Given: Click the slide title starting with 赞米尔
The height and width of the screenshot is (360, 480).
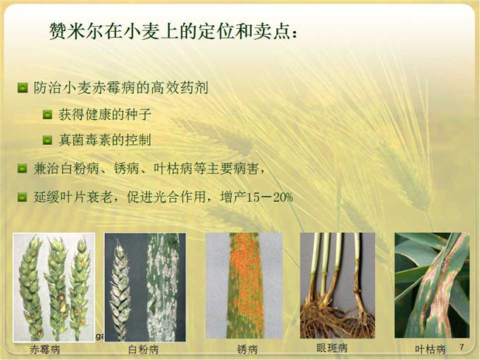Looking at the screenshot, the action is (x=174, y=31).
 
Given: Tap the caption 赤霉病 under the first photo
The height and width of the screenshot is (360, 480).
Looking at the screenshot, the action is (x=45, y=349).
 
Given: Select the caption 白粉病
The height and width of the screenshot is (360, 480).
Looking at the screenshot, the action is (x=143, y=349).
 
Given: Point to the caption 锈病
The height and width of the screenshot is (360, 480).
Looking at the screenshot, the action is (x=247, y=349).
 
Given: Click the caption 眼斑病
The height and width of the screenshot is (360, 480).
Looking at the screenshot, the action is (x=332, y=348).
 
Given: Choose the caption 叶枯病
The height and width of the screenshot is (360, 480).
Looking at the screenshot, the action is (x=430, y=349).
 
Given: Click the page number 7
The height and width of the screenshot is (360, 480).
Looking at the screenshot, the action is (x=462, y=347).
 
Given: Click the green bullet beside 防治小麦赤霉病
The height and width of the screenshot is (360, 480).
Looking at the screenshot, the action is (x=23, y=88).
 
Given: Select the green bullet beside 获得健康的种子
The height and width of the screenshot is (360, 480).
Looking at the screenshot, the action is (x=47, y=115).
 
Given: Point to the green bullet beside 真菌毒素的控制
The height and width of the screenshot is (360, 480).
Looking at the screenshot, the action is (x=47, y=140).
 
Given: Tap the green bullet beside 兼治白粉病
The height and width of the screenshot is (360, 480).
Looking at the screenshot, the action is (x=22, y=169).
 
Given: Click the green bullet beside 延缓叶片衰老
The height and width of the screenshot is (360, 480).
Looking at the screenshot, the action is (x=22, y=197).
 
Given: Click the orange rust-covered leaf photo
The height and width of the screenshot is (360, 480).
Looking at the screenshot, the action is (x=244, y=285).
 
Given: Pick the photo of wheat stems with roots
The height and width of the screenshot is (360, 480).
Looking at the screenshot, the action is (x=337, y=285).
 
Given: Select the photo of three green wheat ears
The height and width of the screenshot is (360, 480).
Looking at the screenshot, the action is (x=54, y=288).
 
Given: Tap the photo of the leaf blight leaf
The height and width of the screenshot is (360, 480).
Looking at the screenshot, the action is (x=432, y=285).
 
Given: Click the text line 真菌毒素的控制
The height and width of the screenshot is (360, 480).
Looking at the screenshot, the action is (x=105, y=140).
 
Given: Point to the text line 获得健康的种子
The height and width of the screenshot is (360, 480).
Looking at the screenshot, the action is (x=105, y=115).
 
